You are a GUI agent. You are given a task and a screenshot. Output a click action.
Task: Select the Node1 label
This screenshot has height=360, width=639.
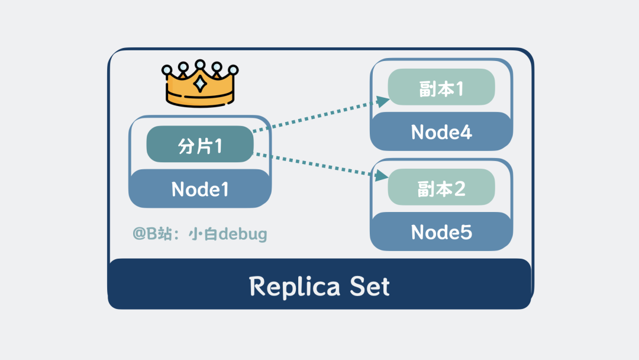(200, 189)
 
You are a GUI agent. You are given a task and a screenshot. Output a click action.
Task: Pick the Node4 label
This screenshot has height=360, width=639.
(441, 131)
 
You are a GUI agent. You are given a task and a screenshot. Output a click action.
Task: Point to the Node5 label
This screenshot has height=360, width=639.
(441, 232)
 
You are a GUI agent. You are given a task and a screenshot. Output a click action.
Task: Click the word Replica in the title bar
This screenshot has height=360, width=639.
(295, 287)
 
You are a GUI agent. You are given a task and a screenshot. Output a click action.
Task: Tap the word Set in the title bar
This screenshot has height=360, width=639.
(370, 287)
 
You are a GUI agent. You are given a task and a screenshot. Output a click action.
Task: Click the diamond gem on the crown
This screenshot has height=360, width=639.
(201, 83)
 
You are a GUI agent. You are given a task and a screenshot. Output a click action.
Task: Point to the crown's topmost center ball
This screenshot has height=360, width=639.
(201, 64)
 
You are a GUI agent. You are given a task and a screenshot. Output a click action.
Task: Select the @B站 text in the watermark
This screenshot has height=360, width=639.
(151, 234)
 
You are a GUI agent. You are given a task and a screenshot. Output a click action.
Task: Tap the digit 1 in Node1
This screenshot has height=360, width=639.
(223, 189)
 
